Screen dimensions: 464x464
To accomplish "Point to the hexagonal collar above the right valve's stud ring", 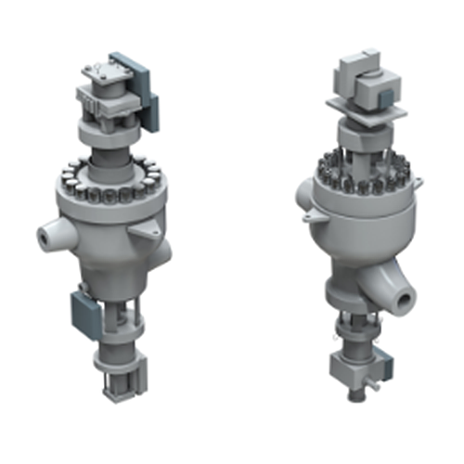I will pos(363,140).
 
